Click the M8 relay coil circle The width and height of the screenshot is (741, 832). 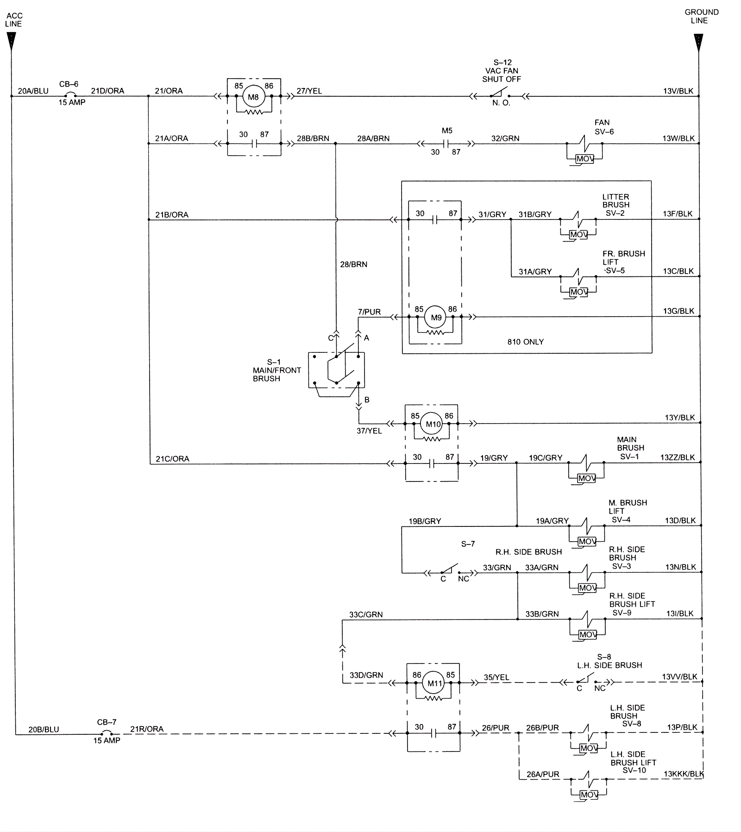click(253, 97)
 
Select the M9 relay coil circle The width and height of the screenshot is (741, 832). click(436, 318)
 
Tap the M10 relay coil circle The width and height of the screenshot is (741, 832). click(433, 424)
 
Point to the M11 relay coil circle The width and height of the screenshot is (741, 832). click(435, 683)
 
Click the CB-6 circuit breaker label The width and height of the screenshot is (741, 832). click(69, 84)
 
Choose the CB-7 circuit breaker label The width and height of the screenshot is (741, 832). click(107, 722)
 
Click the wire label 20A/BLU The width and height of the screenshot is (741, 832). click(33, 91)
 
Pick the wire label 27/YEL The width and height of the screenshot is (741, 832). click(309, 91)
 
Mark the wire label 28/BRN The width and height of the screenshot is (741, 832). click(353, 264)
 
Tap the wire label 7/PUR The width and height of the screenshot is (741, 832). click(369, 312)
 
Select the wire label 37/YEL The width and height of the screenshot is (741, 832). click(369, 431)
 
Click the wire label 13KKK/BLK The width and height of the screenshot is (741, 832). click(684, 774)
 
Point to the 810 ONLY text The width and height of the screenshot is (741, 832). click(525, 342)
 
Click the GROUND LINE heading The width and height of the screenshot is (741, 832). click(701, 16)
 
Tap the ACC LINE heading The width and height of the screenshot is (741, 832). click(13, 20)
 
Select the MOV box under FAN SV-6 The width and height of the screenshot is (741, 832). click(584, 159)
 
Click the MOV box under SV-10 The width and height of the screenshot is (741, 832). click(589, 794)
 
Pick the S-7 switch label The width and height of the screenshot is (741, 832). click(468, 544)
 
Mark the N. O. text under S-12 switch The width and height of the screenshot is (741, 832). click(501, 103)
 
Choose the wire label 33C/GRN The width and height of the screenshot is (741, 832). click(366, 615)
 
